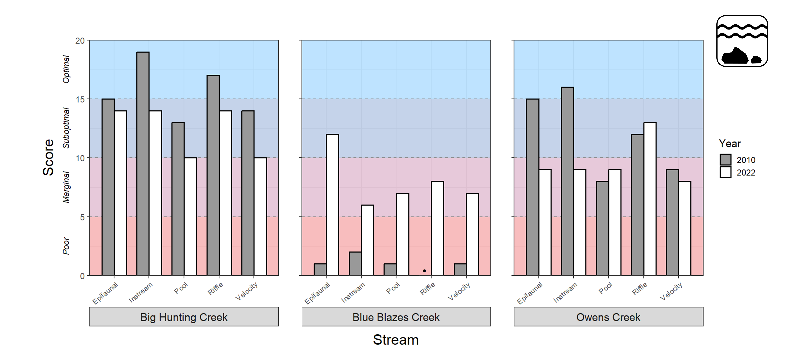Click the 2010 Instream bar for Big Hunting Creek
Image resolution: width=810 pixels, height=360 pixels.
143,164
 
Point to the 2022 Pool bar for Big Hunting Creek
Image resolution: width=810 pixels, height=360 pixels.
190,217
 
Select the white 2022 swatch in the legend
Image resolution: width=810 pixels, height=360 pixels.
725,172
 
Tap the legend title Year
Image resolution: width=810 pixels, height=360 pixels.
730,144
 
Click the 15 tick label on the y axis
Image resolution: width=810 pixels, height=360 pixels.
80,99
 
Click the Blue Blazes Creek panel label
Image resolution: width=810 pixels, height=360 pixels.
396,317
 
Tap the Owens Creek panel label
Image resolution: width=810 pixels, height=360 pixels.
608,317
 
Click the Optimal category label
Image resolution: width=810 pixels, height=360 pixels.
66,69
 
